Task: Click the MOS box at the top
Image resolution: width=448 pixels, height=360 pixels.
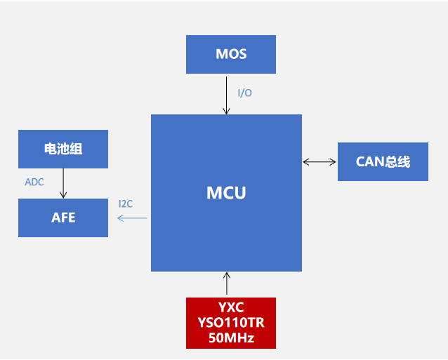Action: (x=231, y=54)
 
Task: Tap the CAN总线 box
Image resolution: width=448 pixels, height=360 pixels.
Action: (x=383, y=161)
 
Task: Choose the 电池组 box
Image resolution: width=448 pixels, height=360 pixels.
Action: (x=63, y=149)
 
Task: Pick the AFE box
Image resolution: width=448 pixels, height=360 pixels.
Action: (x=63, y=218)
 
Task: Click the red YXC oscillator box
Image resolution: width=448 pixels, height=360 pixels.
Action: (x=231, y=323)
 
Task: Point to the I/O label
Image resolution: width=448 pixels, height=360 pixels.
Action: (x=244, y=93)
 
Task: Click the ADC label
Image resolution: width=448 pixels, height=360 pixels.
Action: (x=34, y=182)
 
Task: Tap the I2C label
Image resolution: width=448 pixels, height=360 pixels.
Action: (x=126, y=204)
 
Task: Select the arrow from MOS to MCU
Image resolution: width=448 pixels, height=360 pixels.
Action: (x=226, y=94)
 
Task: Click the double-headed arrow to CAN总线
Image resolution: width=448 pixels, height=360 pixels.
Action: (x=319, y=162)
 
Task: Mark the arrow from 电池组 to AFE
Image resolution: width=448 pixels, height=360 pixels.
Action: (x=63, y=183)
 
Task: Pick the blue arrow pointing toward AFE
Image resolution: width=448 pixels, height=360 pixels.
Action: (x=132, y=218)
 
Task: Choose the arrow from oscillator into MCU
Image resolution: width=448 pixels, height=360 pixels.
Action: (x=226, y=284)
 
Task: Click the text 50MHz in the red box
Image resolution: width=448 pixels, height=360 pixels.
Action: (x=231, y=338)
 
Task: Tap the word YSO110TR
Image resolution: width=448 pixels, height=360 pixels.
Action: (x=231, y=324)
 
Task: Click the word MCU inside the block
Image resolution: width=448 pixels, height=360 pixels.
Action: (x=226, y=192)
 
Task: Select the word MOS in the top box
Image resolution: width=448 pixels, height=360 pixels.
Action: (x=231, y=54)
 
